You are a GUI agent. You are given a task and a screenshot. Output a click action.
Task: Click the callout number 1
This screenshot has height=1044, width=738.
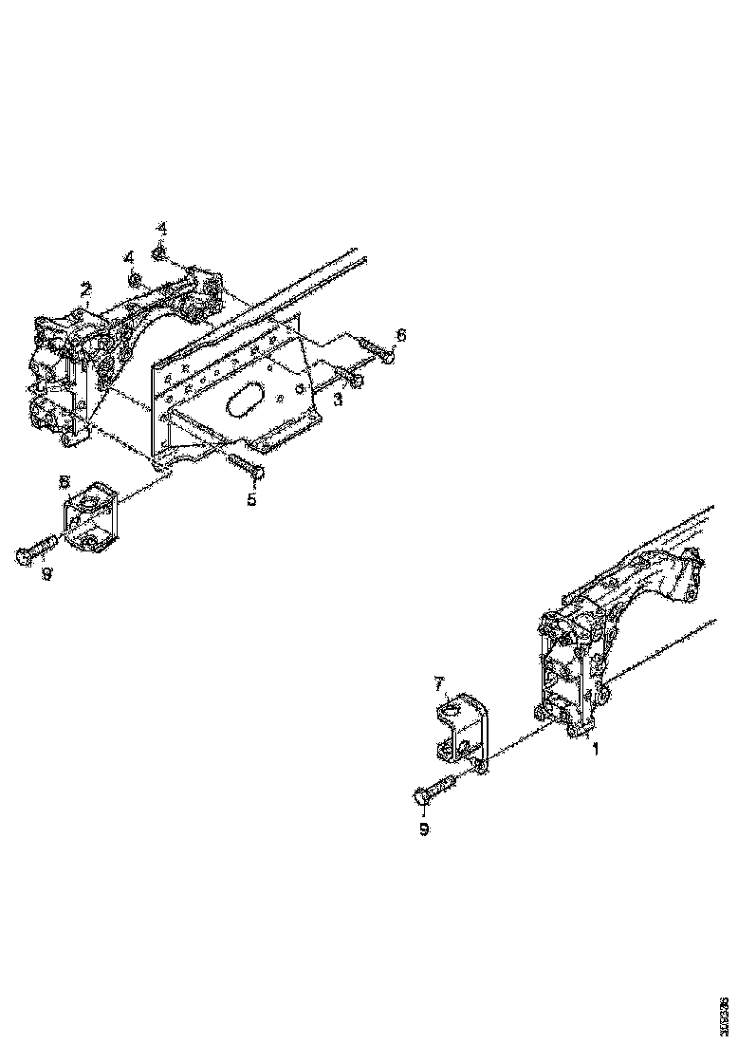596,749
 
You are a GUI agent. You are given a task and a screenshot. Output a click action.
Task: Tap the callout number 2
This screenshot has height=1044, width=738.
85,289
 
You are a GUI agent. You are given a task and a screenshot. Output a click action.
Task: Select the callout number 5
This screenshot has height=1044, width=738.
251,498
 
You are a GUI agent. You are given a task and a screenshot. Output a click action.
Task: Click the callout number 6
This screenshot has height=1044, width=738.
400,335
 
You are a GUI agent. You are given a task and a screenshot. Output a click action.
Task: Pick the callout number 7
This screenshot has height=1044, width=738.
439,682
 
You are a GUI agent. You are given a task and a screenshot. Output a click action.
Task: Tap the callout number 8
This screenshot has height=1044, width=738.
65,481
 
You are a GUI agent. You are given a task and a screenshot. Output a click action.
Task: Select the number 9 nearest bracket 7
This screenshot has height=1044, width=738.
424,829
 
